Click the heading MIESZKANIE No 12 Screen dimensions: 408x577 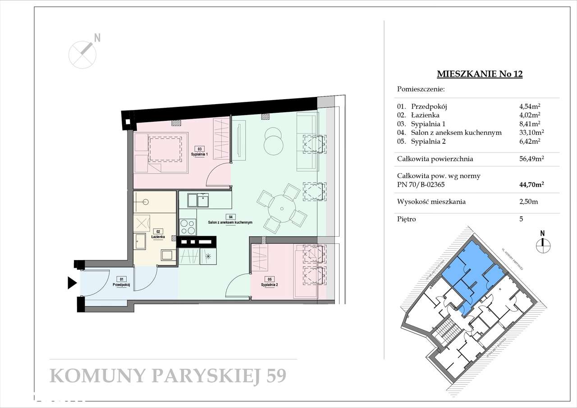pyautogui.click(x=480, y=74)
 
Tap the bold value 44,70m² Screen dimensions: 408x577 pyautogui.click(x=531, y=184)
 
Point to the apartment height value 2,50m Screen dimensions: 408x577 pyautogui.click(x=529, y=202)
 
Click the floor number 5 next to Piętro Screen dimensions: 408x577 pyautogui.click(x=522, y=219)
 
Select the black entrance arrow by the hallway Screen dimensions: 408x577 pyautogui.click(x=72, y=283)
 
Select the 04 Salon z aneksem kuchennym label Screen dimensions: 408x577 pyautogui.click(x=229, y=220)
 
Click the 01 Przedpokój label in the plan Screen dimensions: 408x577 pyautogui.click(x=121, y=282)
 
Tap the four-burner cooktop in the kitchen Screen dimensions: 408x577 pyautogui.click(x=188, y=226)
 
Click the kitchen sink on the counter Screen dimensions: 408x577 pyautogui.click(x=197, y=200)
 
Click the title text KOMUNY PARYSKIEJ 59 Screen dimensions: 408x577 pyautogui.click(x=168, y=376)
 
